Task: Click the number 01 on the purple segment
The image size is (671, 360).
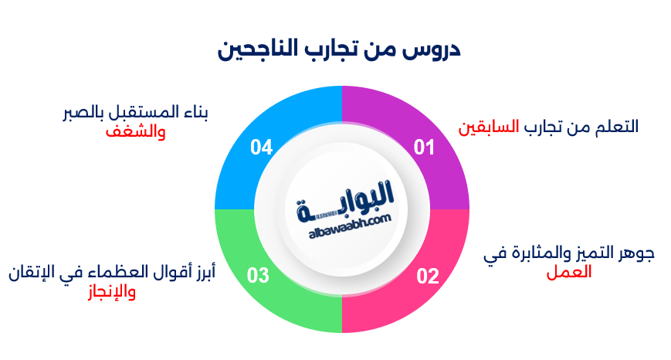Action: point(424,148)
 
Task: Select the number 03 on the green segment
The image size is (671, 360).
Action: point(259,276)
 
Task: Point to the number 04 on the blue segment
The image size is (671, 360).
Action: point(261,148)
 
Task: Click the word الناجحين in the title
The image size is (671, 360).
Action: point(259,51)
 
